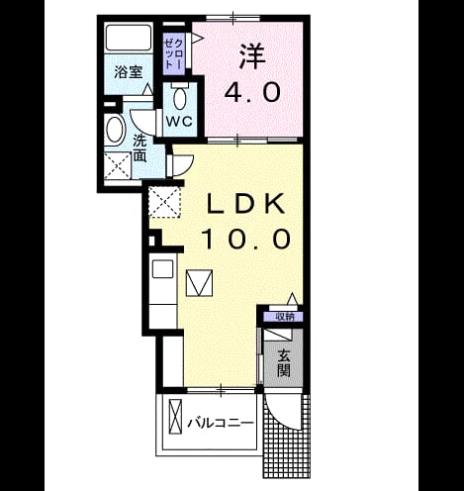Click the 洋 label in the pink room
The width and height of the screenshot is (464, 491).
coord(252,56)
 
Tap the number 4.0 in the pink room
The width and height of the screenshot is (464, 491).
coord(252,92)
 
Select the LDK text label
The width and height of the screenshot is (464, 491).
coord(245,204)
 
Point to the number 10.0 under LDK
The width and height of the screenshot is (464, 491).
coord(246,239)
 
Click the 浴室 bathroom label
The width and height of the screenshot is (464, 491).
coord(129,72)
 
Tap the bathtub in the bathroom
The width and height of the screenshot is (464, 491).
coord(129,37)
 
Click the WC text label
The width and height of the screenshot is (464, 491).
coord(179,122)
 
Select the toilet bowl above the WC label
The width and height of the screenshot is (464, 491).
coord(179,97)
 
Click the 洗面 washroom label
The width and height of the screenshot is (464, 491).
coord(140,149)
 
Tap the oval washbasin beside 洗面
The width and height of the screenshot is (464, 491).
coord(115,130)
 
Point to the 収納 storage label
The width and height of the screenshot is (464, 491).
coord(285,317)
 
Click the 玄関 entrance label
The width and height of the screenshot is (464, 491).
coord(284,363)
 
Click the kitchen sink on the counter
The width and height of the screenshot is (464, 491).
coord(163,269)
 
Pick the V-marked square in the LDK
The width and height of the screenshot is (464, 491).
coord(199,283)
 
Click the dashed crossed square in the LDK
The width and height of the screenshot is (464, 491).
coord(164,202)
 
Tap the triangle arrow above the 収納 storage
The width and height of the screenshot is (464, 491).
coord(293,299)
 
